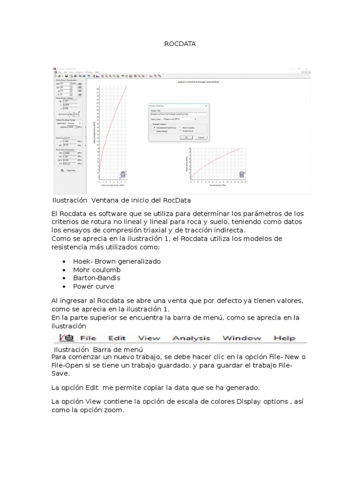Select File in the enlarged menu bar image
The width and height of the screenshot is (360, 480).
(88, 338)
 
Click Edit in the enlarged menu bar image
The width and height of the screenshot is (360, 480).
(117, 338)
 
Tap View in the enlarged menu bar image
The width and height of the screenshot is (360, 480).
(150, 338)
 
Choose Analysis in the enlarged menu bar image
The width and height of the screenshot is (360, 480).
(191, 338)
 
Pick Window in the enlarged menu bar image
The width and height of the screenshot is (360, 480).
(241, 338)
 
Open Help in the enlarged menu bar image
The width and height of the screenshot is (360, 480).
(284, 338)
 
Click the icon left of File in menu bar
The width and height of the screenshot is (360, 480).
(66, 337)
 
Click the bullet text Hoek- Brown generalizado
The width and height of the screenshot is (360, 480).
(117, 261)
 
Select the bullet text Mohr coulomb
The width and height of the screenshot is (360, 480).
(97, 270)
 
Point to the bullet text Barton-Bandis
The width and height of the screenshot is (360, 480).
(96, 278)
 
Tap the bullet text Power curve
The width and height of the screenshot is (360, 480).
(93, 286)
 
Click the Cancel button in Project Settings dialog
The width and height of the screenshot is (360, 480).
(201, 137)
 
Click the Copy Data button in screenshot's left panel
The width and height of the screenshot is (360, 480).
(69, 170)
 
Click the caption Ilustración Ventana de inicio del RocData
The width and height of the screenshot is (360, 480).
(121, 201)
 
